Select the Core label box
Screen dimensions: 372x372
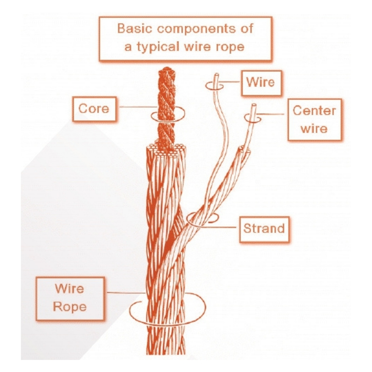(94, 109)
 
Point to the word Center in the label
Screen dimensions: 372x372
(314, 111)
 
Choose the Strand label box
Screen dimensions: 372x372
(264, 228)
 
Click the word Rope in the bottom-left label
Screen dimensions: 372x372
(70, 307)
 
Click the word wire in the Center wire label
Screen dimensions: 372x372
(314, 128)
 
